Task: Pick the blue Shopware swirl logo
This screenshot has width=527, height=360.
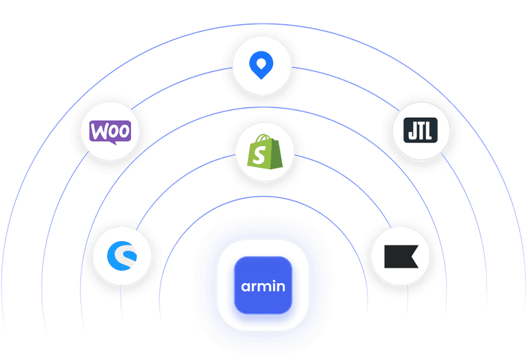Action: [122, 256]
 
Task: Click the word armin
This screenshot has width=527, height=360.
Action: [263, 286]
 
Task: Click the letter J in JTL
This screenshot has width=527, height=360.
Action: [412, 130]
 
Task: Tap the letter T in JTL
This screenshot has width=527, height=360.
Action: [421, 130]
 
